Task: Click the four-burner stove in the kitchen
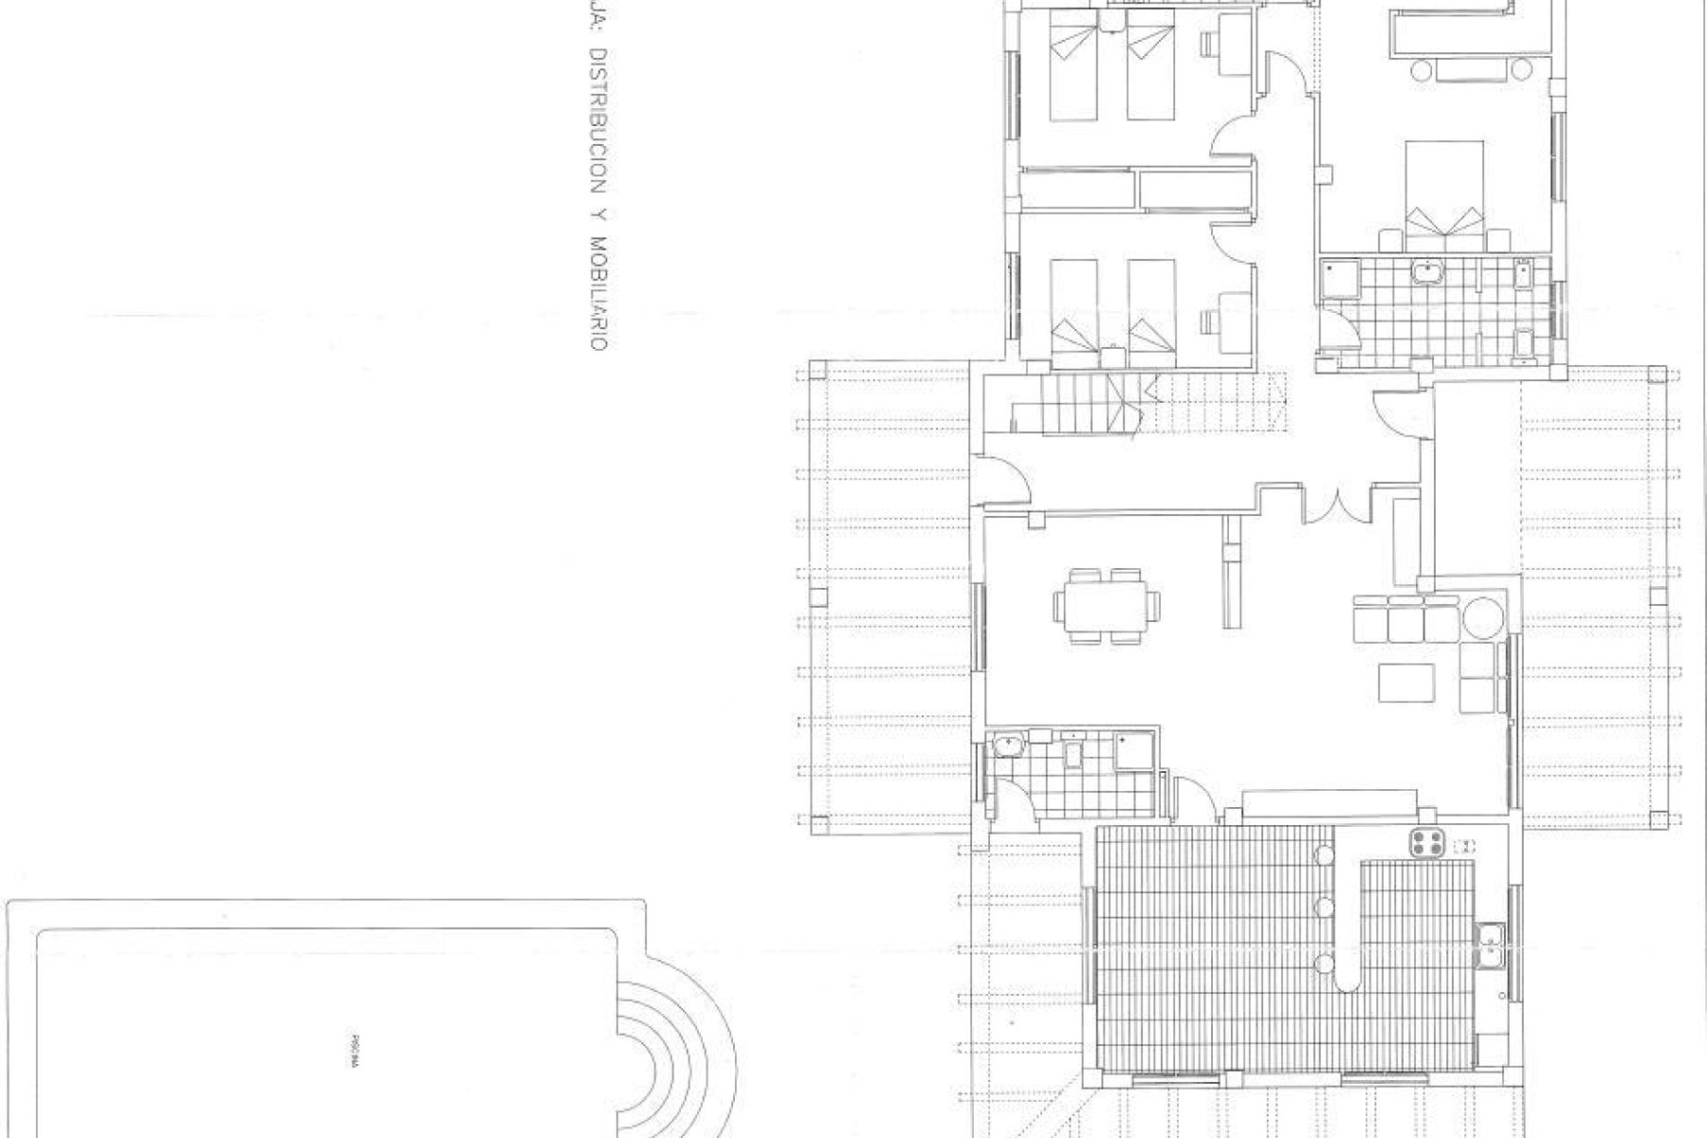click(x=1426, y=843)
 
